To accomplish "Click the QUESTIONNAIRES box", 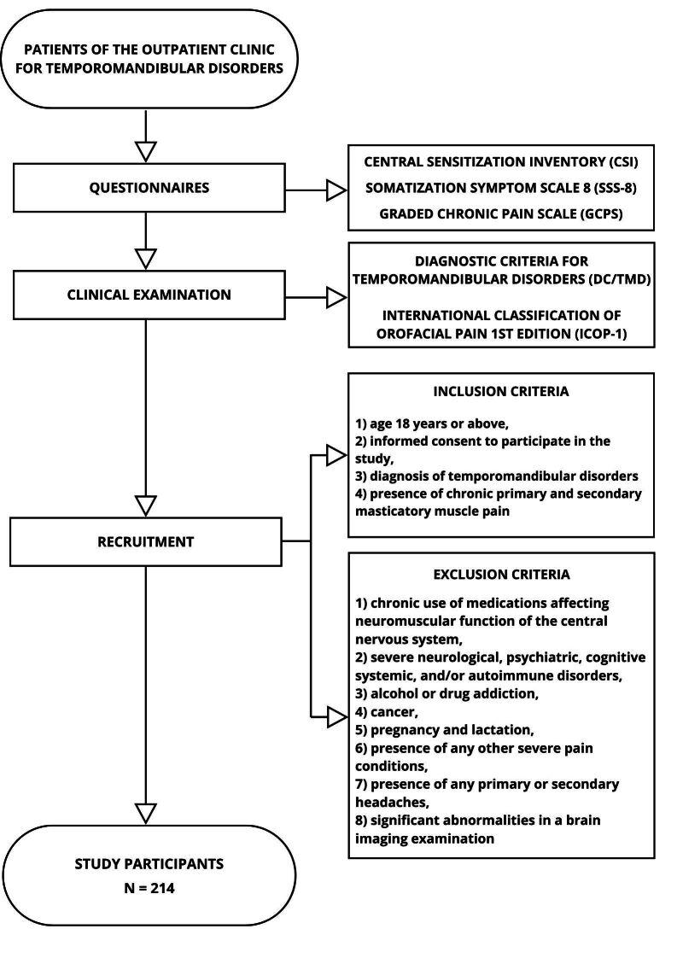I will (149, 188).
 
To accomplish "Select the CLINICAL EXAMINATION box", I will (149, 295).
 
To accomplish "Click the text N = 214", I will (149, 887).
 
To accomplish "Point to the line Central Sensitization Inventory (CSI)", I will (501, 161).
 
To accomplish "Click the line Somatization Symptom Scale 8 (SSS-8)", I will (501, 188).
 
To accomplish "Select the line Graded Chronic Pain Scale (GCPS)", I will (501, 214).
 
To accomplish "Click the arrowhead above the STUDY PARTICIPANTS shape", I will (147, 811).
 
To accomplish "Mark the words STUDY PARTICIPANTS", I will (149, 863).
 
